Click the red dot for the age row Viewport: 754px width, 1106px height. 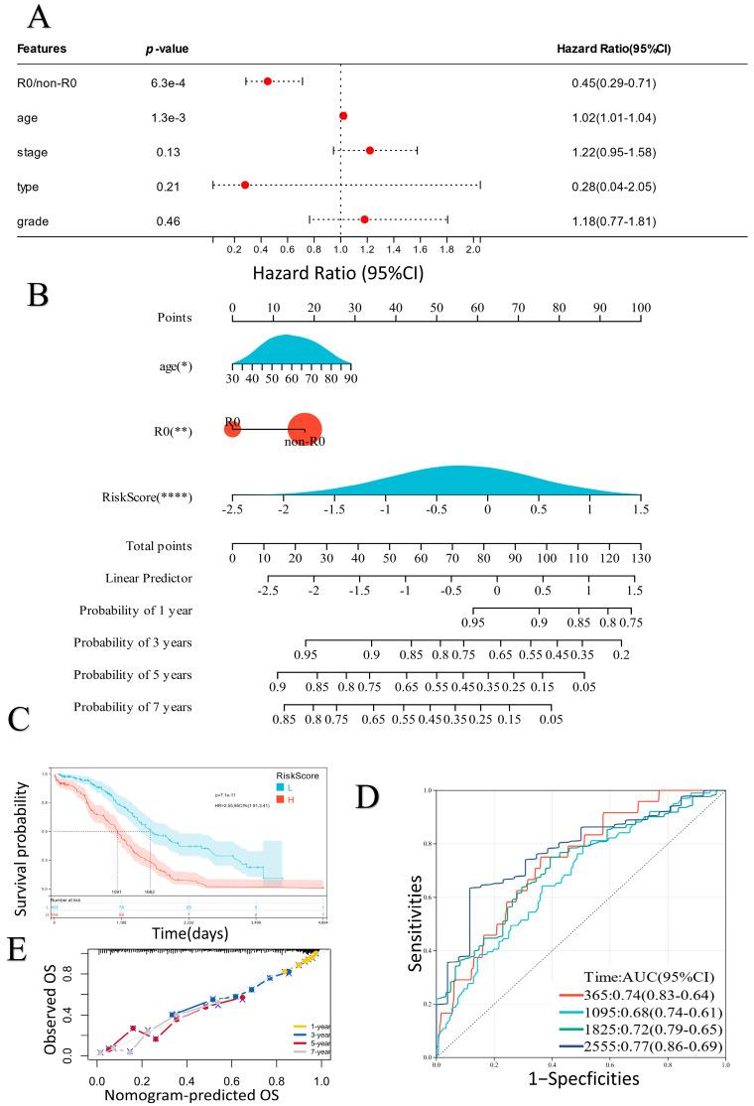tap(343, 116)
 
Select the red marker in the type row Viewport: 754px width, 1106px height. tap(245, 185)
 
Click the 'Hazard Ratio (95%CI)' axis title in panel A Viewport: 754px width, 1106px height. tap(338, 271)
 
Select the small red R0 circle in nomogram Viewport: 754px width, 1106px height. tap(232, 429)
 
